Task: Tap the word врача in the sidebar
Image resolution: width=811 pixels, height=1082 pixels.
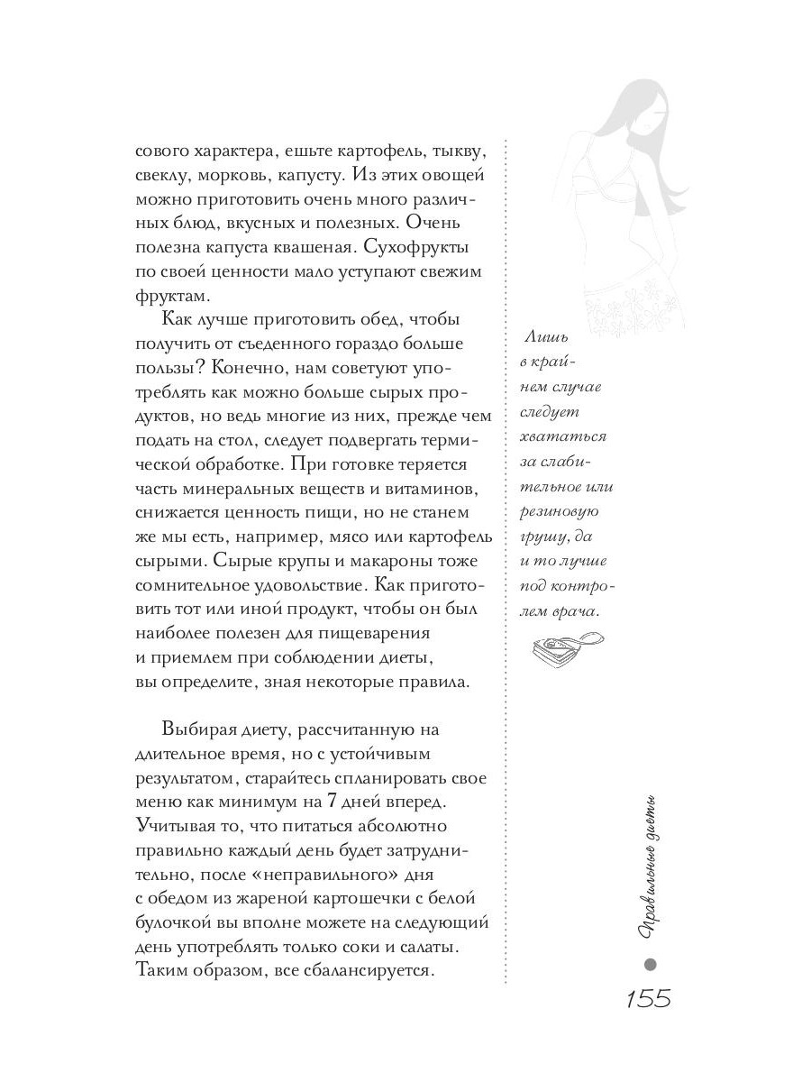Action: click(578, 610)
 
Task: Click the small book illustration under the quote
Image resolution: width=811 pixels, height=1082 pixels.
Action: click(560, 646)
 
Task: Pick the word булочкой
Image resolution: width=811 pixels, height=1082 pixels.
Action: click(177, 922)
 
